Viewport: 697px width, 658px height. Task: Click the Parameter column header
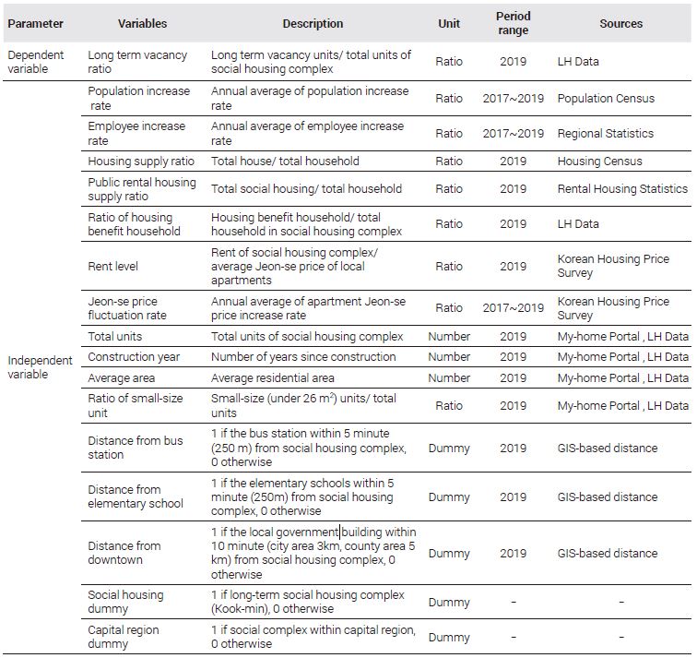click(x=36, y=24)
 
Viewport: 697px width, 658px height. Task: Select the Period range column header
click(x=513, y=23)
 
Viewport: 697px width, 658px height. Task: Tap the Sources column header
click(x=621, y=24)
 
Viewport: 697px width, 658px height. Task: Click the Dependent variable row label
click(x=36, y=62)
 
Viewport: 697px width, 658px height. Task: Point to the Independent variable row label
click(x=40, y=367)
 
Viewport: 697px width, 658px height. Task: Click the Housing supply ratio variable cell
click(x=141, y=162)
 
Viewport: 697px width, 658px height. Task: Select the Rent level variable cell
click(x=112, y=266)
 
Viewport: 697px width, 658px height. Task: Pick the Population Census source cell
click(x=606, y=99)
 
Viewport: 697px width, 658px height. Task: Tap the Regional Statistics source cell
click(x=606, y=134)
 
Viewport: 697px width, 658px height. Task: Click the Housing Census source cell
click(x=599, y=162)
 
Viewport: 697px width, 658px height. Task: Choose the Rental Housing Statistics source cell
click(x=622, y=188)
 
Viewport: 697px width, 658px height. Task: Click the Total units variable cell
click(x=114, y=336)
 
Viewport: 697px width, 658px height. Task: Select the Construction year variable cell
click(x=134, y=357)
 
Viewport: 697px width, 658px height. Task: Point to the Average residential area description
click(x=273, y=377)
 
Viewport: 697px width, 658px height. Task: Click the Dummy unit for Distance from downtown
click(x=449, y=554)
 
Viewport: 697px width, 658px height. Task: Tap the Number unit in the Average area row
click(x=449, y=377)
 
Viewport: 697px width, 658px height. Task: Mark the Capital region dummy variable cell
click(x=124, y=637)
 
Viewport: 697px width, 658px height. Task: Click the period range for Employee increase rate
click(x=513, y=134)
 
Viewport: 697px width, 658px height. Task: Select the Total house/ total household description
click(x=285, y=162)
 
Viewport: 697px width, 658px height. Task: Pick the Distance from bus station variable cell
click(x=136, y=448)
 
